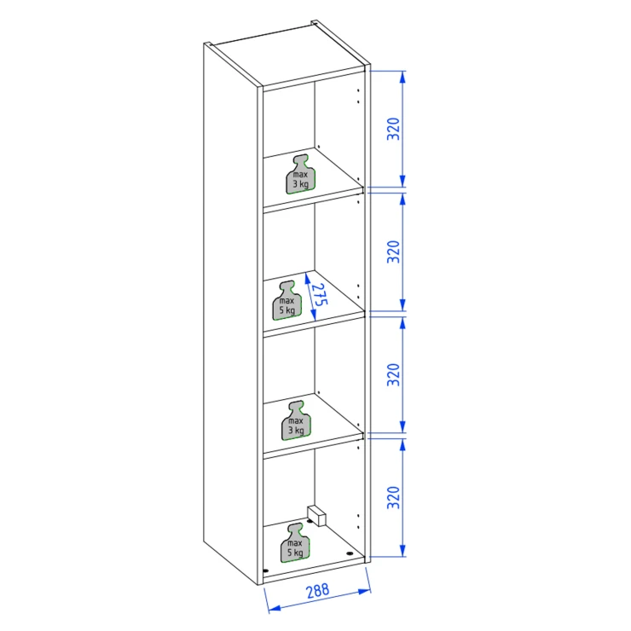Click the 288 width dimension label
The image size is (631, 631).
(x=317, y=591)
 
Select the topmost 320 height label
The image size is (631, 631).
(x=393, y=129)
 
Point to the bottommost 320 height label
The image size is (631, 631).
(x=393, y=497)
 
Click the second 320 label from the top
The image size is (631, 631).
(x=393, y=252)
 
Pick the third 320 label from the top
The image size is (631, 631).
(x=393, y=374)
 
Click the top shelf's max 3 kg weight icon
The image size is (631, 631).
(x=301, y=174)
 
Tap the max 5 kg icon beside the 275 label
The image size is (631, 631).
(x=287, y=300)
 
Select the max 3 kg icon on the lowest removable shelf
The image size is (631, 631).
(x=296, y=420)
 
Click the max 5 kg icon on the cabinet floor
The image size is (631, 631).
(x=295, y=543)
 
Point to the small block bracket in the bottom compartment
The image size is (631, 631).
(x=316, y=516)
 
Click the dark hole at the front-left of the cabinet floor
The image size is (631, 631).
(x=265, y=570)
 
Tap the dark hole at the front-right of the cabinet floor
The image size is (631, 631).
(x=350, y=553)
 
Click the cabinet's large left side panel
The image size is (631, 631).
(x=230, y=314)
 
